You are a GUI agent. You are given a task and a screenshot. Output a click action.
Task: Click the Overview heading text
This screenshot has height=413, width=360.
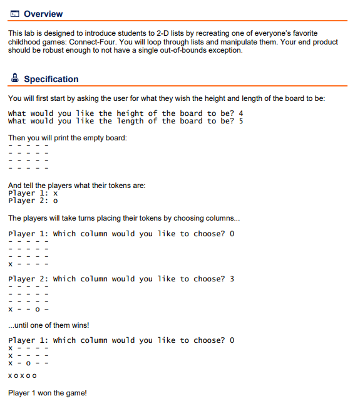point(43,14)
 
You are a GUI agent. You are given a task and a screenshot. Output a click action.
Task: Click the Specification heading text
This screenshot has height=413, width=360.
point(51,79)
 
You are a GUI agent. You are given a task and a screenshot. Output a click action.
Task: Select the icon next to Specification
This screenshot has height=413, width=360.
point(14,79)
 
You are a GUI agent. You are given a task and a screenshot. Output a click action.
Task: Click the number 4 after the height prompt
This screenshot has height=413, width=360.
point(240,113)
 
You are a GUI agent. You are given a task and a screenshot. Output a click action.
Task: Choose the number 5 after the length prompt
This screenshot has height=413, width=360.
point(240,121)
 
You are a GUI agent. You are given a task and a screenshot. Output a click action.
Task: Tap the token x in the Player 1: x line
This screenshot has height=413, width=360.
point(56,194)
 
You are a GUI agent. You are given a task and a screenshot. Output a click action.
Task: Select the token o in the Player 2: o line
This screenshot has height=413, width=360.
point(56,201)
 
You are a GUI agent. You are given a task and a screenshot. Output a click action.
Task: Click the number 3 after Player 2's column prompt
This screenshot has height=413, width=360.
point(232,279)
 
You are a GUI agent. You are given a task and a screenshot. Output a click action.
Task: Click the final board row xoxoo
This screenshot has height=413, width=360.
point(23,376)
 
